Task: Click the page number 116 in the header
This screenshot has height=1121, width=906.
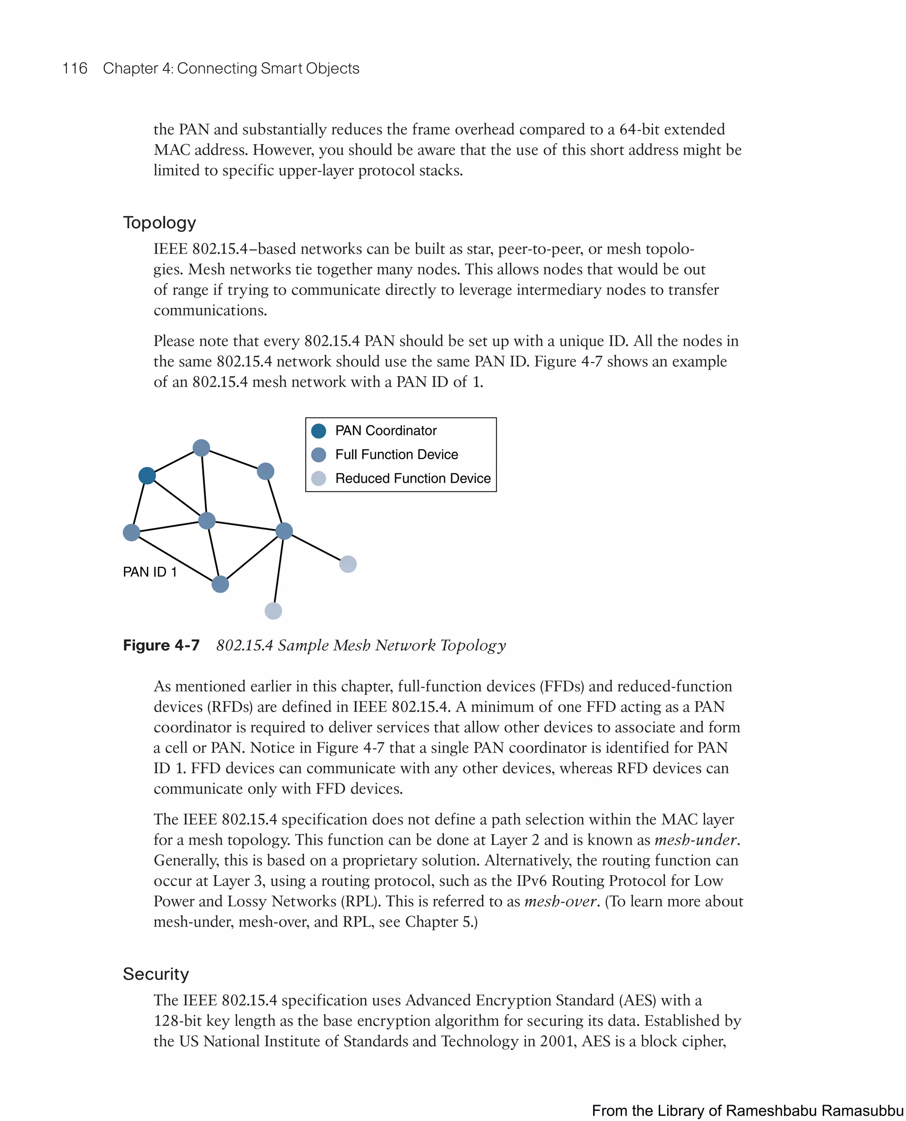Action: coord(75,69)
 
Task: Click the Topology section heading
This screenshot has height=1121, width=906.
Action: coord(159,223)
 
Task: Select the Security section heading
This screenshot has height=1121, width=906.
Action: coord(156,974)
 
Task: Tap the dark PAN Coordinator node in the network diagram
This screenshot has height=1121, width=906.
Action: coord(147,476)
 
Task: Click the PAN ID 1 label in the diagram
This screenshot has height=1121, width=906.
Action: coord(150,572)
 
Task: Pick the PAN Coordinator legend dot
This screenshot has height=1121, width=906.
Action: coord(319,431)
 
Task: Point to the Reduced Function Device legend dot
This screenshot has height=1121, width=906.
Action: coord(319,479)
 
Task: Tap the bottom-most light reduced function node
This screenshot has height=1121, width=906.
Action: coord(273,610)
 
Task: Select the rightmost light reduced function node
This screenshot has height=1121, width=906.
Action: coord(348,564)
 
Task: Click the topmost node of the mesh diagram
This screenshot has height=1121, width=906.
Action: coord(201,448)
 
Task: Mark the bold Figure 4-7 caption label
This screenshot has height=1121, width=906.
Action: coord(161,645)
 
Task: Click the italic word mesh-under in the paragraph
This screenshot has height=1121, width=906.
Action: coord(696,840)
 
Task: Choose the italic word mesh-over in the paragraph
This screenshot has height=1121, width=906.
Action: coord(560,901)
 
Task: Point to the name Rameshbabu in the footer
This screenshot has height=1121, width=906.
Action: coord(770,1110)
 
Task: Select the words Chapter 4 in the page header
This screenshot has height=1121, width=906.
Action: coord(138,69)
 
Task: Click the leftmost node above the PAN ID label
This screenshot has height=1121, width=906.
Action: coord(131,532)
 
